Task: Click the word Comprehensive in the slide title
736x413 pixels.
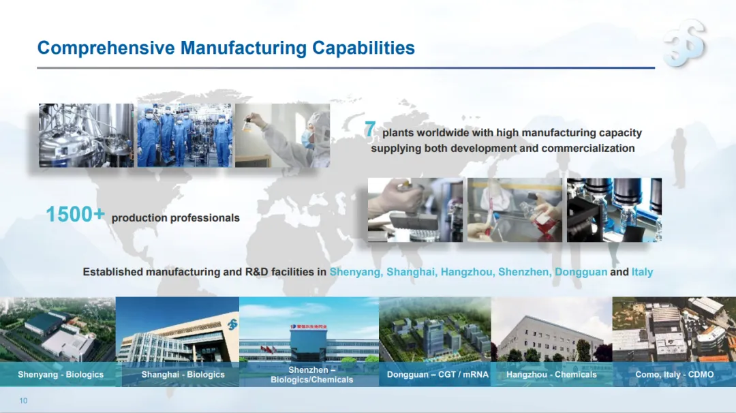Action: [x=106, y=48]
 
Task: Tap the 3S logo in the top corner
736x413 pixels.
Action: [x=685, y=43]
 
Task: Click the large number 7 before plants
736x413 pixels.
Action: [x=370, y=129]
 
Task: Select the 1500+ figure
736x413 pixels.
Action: [x=75, y=215]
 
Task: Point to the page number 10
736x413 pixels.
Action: [x=23, y=400]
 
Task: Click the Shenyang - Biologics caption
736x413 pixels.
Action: [x=61, y=375]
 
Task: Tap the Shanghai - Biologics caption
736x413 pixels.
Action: [x=183, y=375]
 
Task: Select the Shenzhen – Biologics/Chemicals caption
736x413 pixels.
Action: [x=311, y=375]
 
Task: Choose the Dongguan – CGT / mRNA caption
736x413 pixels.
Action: [x=438, y=375]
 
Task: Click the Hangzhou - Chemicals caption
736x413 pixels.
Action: [x=551, y=375]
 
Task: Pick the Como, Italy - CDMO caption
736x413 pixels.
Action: [x=675, y=375]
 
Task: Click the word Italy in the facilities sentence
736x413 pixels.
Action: [x=642, y=272]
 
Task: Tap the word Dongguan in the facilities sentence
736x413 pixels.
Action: [x=581, y=272]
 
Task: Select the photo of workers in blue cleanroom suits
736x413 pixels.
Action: [x=185, y=135]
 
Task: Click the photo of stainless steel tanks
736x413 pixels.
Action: [x=87, y=135]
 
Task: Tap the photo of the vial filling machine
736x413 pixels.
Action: [x=615, y=210]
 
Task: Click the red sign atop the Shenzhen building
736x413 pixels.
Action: [x=309, y=326]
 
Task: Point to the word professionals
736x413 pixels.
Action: [x=204, y=218]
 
